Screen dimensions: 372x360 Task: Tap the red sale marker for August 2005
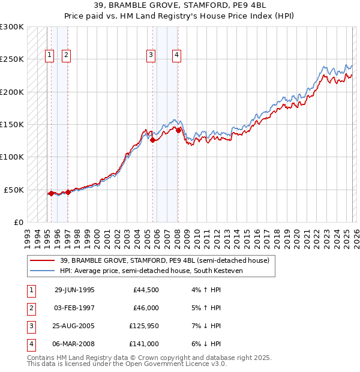tap(152, 140)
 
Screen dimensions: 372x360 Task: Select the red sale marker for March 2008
tap(178, 130)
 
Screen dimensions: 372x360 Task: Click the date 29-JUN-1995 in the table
tap(74, 290)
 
